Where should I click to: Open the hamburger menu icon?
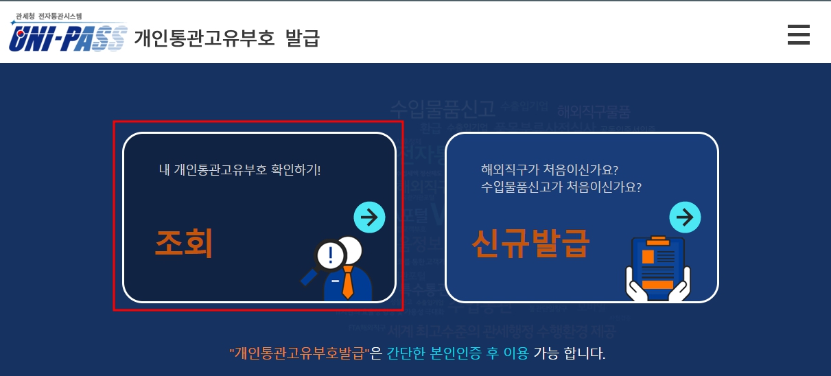[x=798, y=34]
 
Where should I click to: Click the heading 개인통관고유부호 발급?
[x=227, y=38]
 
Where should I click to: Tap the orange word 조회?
[x=184, y=244]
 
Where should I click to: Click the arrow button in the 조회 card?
[x=369, y=218]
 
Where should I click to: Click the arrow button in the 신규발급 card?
[x=685, y=218]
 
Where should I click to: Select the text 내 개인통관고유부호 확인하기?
[x=240, y=169]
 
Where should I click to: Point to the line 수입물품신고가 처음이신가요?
[x=566, y=187]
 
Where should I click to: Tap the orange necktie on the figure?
[x=348, y=283]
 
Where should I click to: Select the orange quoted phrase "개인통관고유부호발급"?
[x=300, y=354]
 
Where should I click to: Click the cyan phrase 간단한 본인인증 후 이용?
[x=458, y=354]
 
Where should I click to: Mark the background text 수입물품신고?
[x=442, y=109]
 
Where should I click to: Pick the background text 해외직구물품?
[x=593, y=111]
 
